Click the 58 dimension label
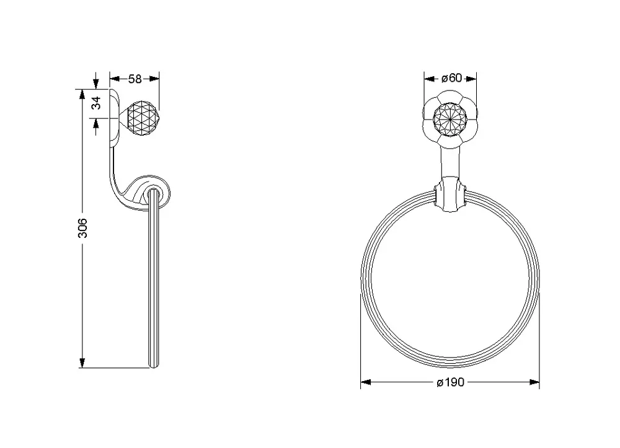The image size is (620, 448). coord(135,79)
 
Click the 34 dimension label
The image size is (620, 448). coord(97,103)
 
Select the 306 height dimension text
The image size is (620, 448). coord(82,228)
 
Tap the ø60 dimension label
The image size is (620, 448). coord(451,78)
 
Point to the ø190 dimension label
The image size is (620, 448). coord(450,382)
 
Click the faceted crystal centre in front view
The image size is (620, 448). coord(450,119)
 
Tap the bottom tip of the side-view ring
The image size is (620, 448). coord(153,367)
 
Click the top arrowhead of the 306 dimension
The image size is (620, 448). coord(82,95)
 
